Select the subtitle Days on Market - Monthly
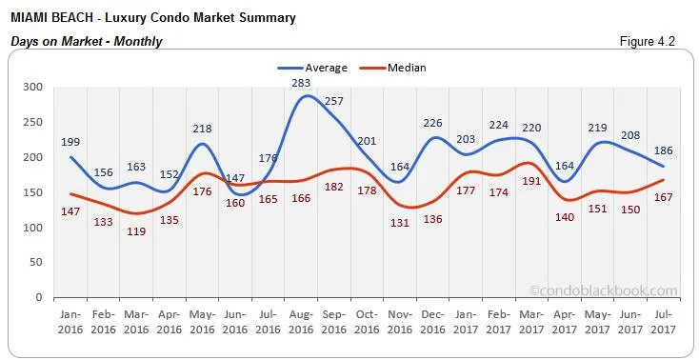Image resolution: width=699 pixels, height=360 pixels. pyautogui.click(x=86, y=42)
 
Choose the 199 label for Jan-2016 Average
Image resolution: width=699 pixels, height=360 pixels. pyautogui.click(x=70, y=142)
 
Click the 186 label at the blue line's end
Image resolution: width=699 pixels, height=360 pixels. pyautogui.click(x=664, y=150)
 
